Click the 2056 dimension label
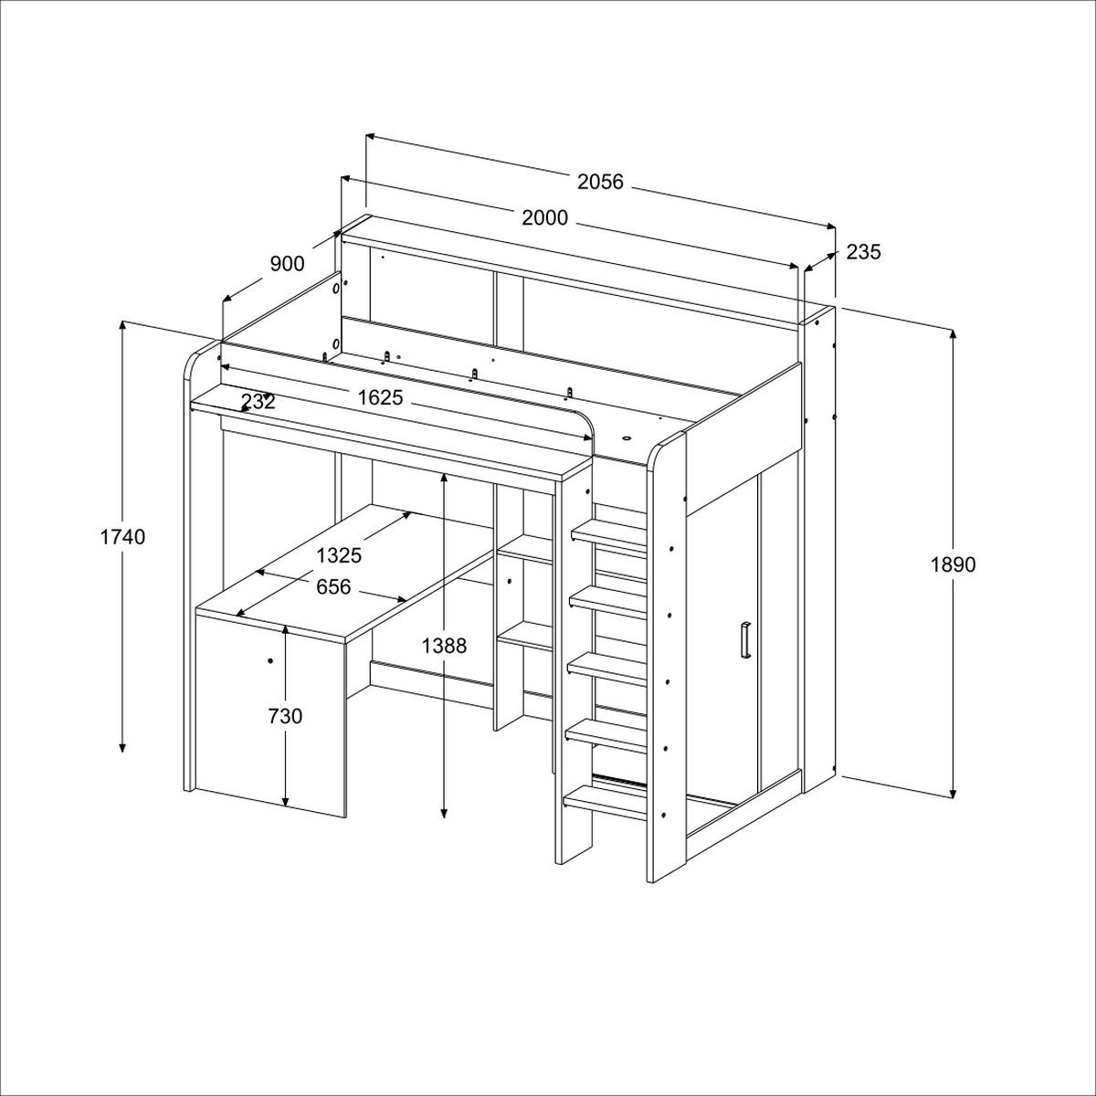[x=600, y=182]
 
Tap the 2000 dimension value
[x=544, y=218]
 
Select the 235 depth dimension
[x=863, y=251]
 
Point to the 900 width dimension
[x=287, y=264]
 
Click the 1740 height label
[x=123, y=537]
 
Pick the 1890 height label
[x=953, y=564]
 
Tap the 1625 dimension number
[x=380, y=397]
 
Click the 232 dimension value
[x=258, y=402]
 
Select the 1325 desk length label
[x=339, y=555]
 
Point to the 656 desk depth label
[x=333, y=587]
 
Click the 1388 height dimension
[x=444, y=646]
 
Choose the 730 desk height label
[x=285, y=717]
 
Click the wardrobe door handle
[x=745, y=641]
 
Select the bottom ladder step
[x=606, y=803]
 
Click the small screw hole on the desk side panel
[x=269, y=661]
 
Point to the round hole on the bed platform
[x=627, y=438]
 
